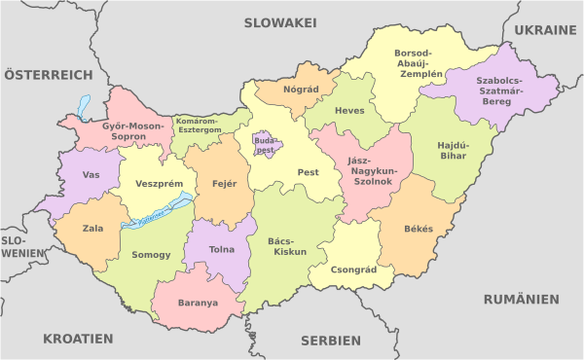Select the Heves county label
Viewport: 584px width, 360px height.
(x=349, y=110)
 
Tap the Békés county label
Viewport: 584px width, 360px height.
(x=420, y=230)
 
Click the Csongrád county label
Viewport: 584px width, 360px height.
(x=353, y=270)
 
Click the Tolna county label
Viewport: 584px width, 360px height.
(x=222, y=249)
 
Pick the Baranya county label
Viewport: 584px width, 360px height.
(x=198, y=302)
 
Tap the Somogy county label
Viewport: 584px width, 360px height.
(x=151, y=255)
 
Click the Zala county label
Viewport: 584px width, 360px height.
(x=93, y=229)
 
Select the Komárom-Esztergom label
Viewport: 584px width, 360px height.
(x=199, y=126)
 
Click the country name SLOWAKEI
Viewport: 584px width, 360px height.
(x=280, y=21)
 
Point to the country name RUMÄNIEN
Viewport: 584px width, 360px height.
(x=522, y=299)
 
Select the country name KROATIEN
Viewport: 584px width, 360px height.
(x=78, y=339)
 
